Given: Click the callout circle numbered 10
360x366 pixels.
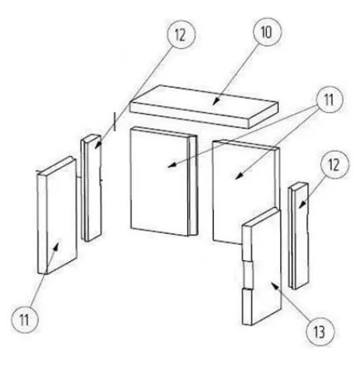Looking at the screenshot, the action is point(267,32).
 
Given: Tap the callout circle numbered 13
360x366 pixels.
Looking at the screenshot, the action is point(321,331).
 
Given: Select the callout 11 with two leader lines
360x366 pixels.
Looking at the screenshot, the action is point(329,100).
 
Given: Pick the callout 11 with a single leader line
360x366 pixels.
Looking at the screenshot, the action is point(24,319).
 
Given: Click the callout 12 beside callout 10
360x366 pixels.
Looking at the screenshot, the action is point(182,35).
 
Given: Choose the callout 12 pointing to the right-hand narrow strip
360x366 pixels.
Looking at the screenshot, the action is point(335,165).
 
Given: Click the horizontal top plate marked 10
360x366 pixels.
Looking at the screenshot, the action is point(204,107).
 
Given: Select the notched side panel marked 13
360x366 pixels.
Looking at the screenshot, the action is point(262,266).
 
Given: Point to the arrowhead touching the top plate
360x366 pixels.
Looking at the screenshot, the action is point(216,101).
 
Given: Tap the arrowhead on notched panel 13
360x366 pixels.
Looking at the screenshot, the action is point(275,286).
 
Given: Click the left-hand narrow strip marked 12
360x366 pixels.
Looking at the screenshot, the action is point(91,187).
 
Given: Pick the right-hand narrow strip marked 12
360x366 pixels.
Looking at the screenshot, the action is point(298,236).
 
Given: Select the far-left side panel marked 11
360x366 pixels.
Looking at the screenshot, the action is point(57,215).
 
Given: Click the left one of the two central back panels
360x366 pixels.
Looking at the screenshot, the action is point(163,182).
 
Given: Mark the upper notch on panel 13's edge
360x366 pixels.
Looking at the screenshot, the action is point(247,261).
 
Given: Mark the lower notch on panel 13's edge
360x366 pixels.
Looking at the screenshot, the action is point(247,289).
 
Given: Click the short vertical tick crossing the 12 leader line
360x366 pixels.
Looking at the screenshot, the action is point(114,122).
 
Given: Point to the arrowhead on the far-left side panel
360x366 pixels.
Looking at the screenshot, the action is point(57,244).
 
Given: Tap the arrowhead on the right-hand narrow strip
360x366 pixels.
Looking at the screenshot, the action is point(302,204).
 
